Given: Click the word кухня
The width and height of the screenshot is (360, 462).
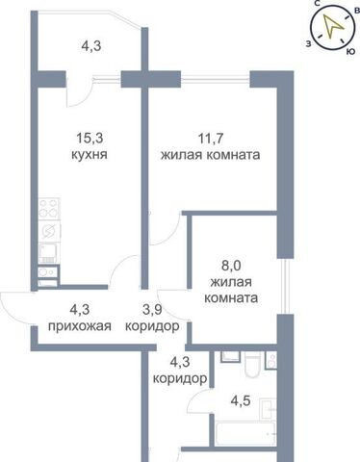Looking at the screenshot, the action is (x=89, y=155).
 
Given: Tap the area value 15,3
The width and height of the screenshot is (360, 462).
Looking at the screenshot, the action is (x=90, y=139).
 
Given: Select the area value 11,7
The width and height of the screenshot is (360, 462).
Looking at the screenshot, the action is (x=211, y=139).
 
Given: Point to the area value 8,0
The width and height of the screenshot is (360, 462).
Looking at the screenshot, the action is (x=231, y=266).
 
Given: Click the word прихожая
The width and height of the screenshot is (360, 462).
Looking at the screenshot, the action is (x=80, y=326).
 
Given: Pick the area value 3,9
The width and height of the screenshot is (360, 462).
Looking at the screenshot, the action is (x=152, y=310).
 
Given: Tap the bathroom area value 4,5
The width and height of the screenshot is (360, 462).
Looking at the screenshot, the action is (x=241, y=401).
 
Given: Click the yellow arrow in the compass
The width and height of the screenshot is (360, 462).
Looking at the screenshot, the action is (x=332, y=26).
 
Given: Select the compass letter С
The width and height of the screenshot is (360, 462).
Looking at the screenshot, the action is (x=318, y=4).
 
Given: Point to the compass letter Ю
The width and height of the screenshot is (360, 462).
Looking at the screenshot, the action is (x=350, y=52).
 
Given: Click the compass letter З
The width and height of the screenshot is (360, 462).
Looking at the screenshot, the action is (x=308, y=44).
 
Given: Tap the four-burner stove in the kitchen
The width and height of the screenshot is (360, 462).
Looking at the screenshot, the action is (x=49, y=209).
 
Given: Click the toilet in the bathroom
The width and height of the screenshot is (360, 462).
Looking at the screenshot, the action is (x=252, y=365).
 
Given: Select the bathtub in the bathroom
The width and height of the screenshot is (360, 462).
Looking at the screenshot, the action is (x=245, y=432).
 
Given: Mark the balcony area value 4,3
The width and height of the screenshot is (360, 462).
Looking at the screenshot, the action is (x=91, y=46).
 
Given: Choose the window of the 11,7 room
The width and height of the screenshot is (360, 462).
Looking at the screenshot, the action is (x=215, y=77).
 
